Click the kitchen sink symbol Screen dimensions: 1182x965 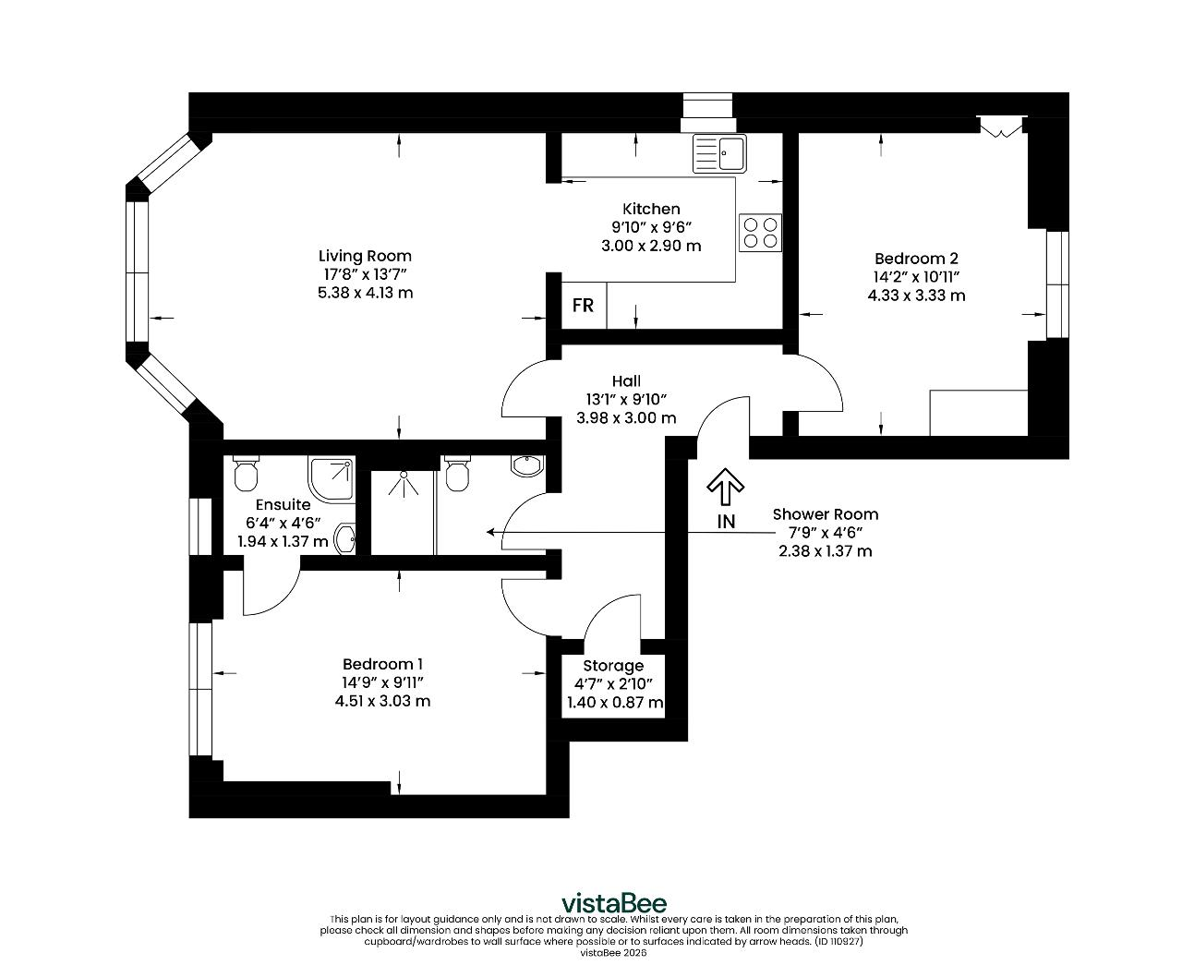[719, 153]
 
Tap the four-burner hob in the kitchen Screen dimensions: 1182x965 [760, 233]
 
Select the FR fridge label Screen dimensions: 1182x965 [583, 306]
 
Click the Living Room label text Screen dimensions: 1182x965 [365, 256]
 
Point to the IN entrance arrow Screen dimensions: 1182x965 [725, 486]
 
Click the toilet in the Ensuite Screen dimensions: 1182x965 [246, 474]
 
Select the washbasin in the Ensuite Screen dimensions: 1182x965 [344, 538]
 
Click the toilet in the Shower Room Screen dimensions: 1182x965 [457, 474]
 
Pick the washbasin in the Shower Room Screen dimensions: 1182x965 [527, 466]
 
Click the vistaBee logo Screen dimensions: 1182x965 [614, 903]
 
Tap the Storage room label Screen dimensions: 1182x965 [613, 666]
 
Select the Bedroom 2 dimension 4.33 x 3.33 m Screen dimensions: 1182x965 [916, 296]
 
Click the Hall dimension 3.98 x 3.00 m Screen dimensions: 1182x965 [626, 418]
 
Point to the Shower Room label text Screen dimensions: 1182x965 [825, 514]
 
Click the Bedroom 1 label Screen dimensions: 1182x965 [382, 664]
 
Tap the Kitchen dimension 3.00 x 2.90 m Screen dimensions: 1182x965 [651, 246]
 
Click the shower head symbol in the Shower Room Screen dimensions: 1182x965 [404, 484]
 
